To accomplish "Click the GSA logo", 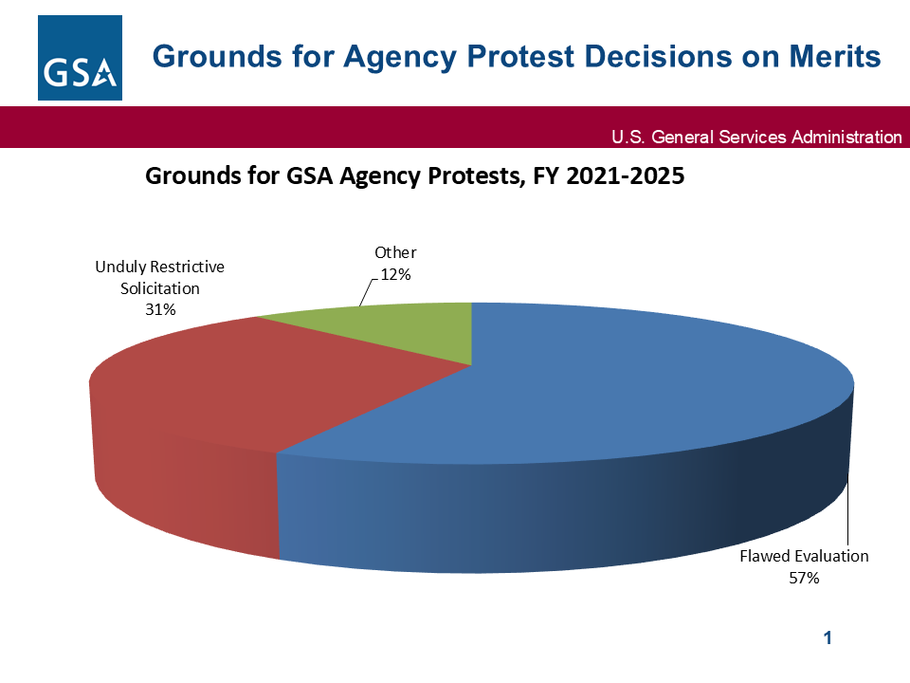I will (81, 57).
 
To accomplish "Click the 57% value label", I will (804, 578).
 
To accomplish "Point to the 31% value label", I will (159, 308).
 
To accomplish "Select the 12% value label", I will (395, 273).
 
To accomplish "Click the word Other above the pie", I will (395, 252).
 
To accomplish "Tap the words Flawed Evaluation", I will (804, 556).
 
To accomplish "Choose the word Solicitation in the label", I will (159, 287).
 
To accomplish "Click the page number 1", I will (828, 638).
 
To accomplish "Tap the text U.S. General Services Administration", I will (756, 138).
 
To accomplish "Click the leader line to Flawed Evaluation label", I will (848, 512).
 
